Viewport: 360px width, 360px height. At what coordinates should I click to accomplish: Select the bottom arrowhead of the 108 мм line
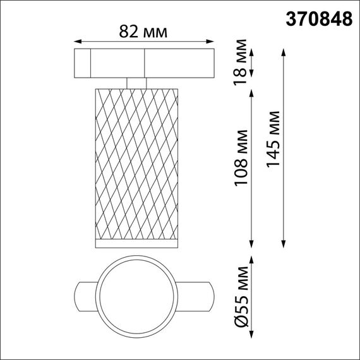coord(253,245)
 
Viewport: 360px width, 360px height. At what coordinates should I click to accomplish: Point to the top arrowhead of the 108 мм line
coord(253,91)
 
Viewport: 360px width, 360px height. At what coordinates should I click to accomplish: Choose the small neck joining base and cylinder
coord(136,83)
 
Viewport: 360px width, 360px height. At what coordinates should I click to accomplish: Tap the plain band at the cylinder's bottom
coord(136,243)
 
